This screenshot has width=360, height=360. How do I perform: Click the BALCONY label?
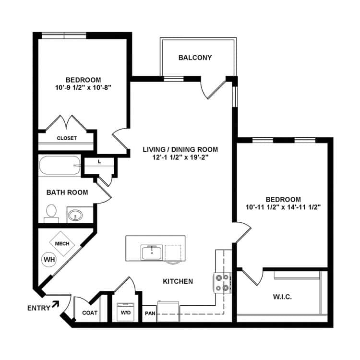tap(195, 58)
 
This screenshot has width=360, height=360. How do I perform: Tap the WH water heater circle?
tap(49, 260)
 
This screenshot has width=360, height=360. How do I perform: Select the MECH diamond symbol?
tap(62, 243)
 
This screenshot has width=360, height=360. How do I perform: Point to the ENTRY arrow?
tap(56, 304)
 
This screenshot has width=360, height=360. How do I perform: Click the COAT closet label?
tap(90, 312)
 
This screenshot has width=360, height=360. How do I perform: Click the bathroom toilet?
tap(51, 213)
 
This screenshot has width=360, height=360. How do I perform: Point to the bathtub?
tap(59, 166)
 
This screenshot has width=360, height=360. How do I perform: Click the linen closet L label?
tap(99, 162)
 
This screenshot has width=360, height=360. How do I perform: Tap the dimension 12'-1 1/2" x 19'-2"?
tap(180, 157)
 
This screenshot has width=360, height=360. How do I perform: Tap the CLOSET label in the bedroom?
tap(67, 138)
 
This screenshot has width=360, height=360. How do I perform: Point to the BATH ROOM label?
tap(67, 192)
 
